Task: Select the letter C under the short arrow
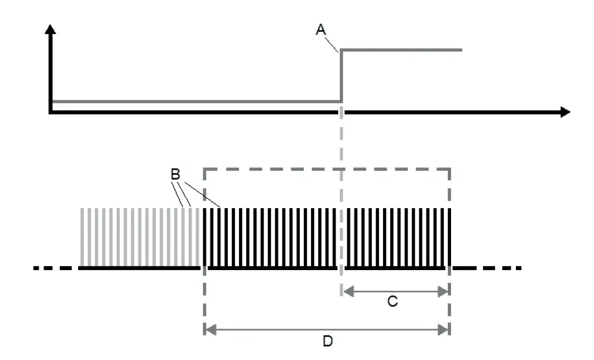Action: pyautogui.click(x=392, y=302)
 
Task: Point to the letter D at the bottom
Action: pyautogui.click(x=328, y=340)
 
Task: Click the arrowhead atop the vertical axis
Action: pyautogui.click(x=51, y=29)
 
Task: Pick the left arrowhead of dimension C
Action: pyautogui.click(x=346, y=290)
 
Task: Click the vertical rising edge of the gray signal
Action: pyautogui.click(x=341, y=76)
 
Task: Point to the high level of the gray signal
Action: pyautogui.click(x=402, y=50)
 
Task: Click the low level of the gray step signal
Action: pyautogui.click(x=195, y=102)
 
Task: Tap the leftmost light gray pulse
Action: pyautogui.click(x=83, y=237)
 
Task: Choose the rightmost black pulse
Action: pyautogui.click(x=448, y=237)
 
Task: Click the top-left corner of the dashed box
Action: pyautogui.click(x=205, y=168)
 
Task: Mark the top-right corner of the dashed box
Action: pyautogui.click(x=449, y=168)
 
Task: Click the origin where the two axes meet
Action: pyautogui.click(x=51, y=112)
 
